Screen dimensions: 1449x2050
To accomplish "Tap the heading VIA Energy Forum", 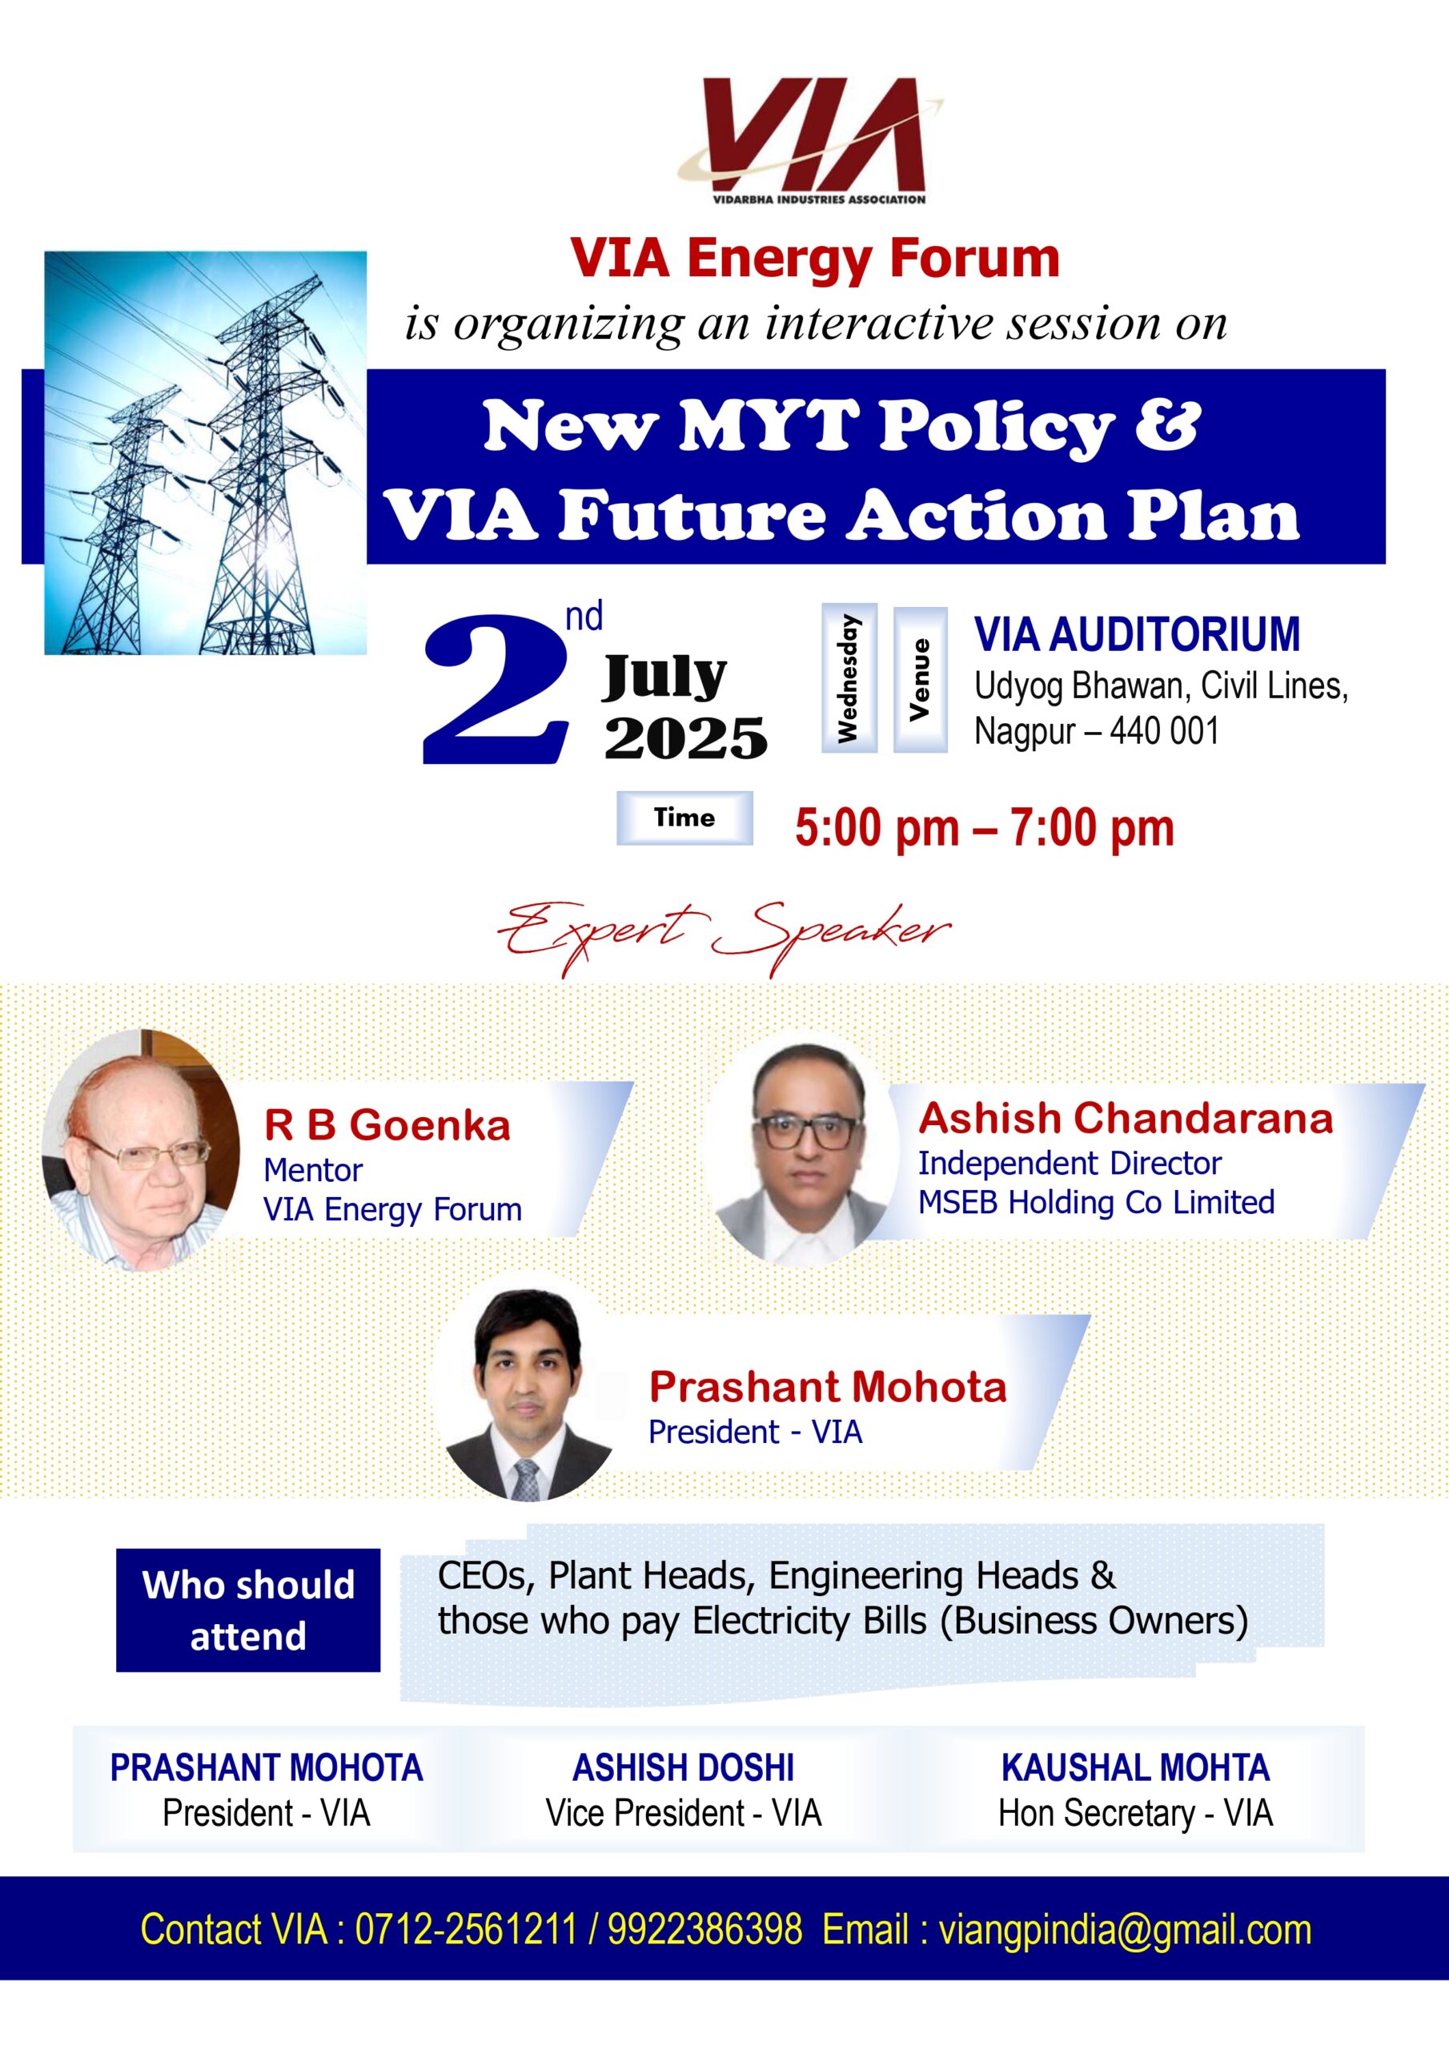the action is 815,259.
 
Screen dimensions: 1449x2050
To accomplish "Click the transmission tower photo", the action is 206,452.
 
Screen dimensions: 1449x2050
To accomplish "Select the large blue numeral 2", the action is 496,689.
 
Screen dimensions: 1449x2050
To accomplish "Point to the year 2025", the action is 685,738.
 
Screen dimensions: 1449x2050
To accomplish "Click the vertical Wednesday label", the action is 848,678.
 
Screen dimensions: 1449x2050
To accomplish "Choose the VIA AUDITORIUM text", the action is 1137,635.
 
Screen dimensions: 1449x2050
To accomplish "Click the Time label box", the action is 684,818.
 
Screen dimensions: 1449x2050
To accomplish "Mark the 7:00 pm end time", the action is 1092,828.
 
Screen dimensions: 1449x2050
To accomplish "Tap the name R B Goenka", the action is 387,1126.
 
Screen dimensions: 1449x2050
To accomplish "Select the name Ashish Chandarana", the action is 1126,1118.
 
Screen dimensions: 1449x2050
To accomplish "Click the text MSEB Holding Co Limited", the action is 1096,1203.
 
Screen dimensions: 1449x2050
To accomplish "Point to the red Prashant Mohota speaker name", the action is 828,1387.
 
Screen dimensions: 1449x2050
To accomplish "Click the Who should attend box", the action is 248,1610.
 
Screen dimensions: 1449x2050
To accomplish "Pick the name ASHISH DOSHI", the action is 684,1768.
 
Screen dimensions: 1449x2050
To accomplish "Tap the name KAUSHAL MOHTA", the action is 1136,1768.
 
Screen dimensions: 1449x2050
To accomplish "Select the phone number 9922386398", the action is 705,1928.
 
